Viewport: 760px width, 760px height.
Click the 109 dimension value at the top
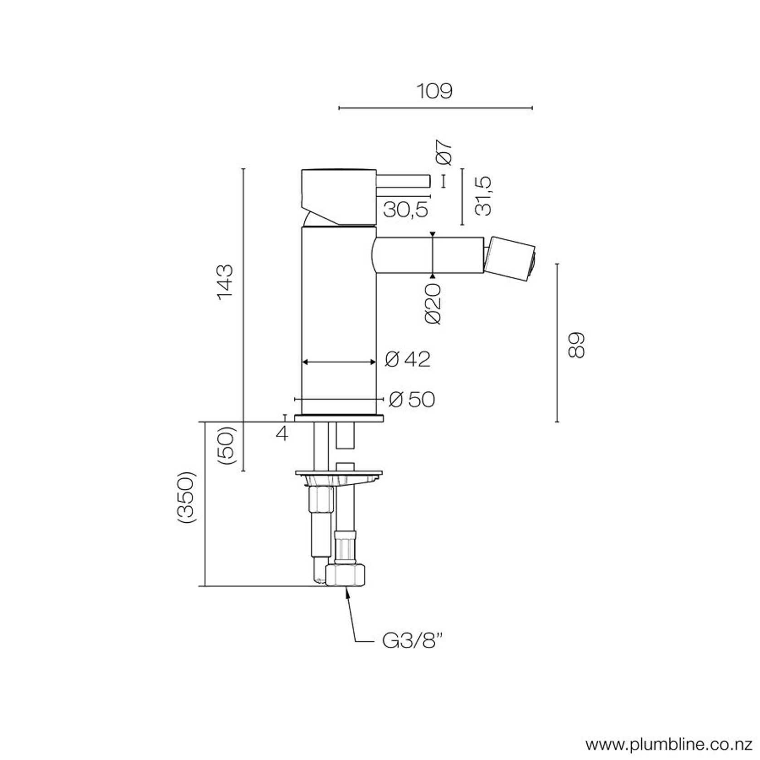click(434, 91)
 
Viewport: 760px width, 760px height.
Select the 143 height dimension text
click(225, 281)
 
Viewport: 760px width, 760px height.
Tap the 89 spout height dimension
click(577, 346)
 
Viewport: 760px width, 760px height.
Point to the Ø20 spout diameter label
click(434, 304)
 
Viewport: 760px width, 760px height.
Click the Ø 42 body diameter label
click(407, 360)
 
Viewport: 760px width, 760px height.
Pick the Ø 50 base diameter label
click(412, 399)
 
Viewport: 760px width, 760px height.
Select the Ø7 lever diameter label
click(444, 152)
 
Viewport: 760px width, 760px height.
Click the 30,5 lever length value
click(405, 209)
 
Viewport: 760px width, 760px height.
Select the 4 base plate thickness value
click(282, 434)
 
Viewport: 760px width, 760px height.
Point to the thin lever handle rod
click(403, 180)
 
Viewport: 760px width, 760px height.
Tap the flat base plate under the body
click(339, 418)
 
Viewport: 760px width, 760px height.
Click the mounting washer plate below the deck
click(339, 474)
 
